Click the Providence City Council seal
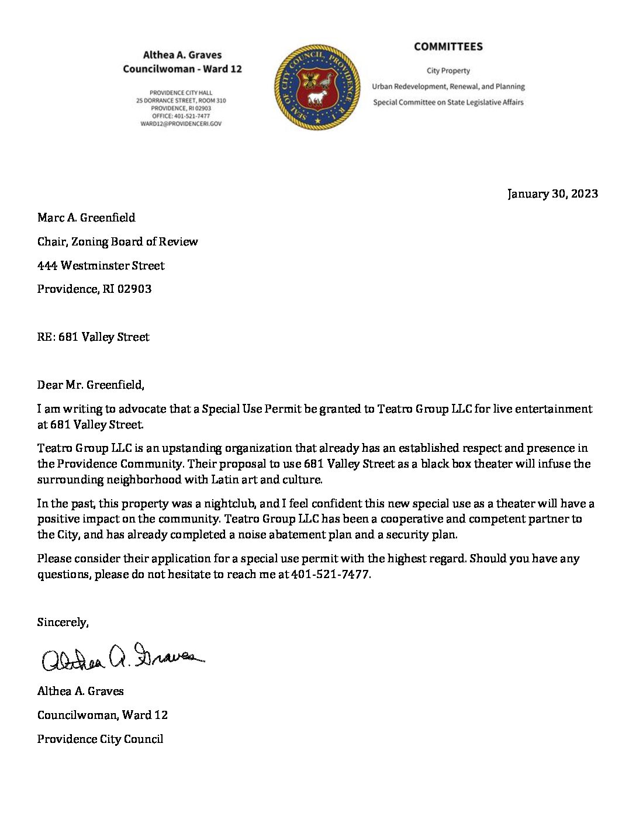point(317,87)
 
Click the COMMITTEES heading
point(448,47)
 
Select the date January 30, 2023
point(552,193)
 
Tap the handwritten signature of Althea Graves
point(123,658)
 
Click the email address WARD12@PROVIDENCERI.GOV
point(181,124)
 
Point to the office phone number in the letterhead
point(181,116)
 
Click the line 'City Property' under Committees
point(448,71)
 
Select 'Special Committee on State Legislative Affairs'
point(448,102)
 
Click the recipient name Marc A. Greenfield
point(86,217)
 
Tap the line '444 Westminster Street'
point(101,265)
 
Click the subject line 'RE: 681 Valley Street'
point(93,337)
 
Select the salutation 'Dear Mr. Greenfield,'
point(91,385)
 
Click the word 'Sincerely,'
point(63,622)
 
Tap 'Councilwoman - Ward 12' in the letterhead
point(182,69)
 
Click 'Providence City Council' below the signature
point(100,739)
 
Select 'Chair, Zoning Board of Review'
point(117,241)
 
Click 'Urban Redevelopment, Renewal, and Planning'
point(448,87)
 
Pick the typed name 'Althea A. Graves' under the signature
point(80,691)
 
